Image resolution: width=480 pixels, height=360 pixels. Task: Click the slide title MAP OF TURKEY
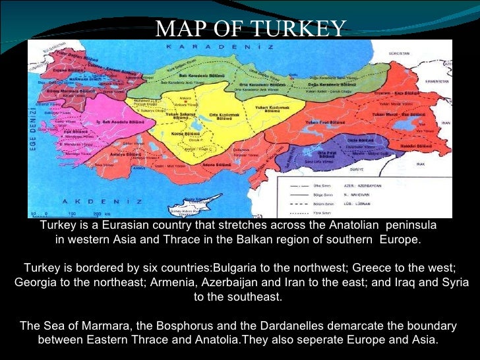click(x=250, y=28)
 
